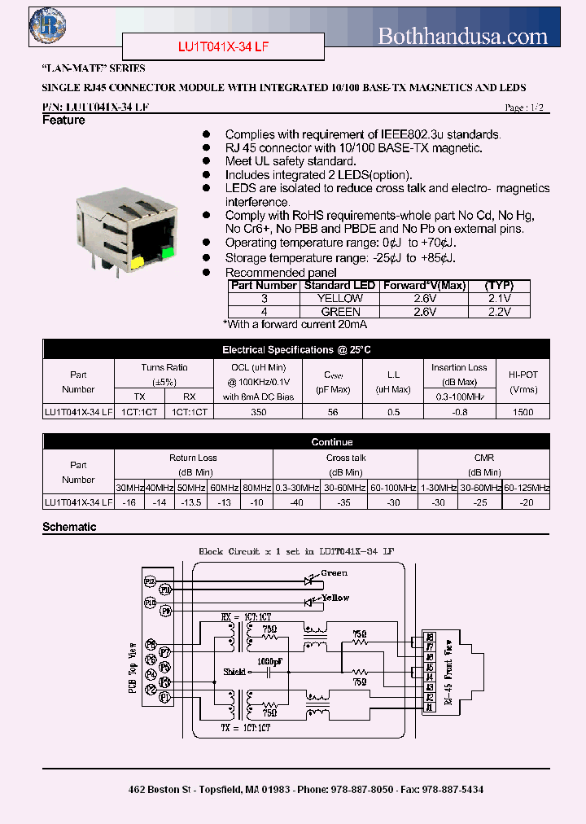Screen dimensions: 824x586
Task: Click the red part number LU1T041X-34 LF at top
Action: pyautogui.click(x=223, y=47)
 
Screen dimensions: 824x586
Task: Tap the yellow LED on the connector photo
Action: pyautogui.click(x=137, y=262)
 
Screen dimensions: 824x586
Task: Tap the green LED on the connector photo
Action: pyautogui.click(x=168, y=252)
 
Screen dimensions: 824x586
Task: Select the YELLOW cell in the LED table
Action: pyautogui.click(x=339, y=299)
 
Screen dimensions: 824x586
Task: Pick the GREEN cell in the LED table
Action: pyautogui.click(x=339, y=312)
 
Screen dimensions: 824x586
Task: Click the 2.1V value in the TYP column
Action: pyautogui.click(x=497, y=299)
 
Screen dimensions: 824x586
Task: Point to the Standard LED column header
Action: pyautogui.click(x=339, y=286)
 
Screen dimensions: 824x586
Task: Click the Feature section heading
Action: pyautogui.click(x=63, y=121)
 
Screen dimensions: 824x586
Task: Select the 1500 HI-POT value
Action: pyautogui.click(x=523, y=412)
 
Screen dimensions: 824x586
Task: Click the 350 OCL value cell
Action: pyautogui.click(x=259, y=412)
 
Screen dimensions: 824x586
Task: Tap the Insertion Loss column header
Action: pyautogui.click(x=459, y=367)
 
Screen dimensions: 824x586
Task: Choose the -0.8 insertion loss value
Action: pyautogui.click(x=459, y=412)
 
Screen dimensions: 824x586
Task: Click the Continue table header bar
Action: pyautogui.click(x=332, y=442)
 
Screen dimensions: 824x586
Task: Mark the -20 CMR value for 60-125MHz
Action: pyautogui.click(x=527, y=503)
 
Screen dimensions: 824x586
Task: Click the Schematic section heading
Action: pyautogui.click(x=69, y=527)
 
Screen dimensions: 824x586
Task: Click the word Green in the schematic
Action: pyautogui.click(x=334, y=572)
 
